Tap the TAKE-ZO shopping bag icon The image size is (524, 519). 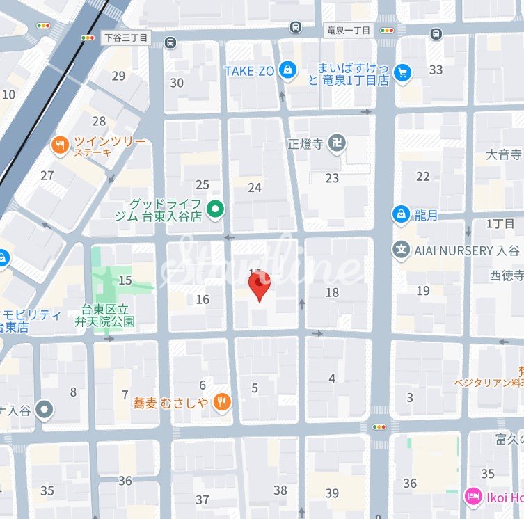(x=286, y=70)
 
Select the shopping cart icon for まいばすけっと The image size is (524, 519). (x=402, y=72)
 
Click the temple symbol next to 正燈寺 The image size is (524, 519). (x=338, y=145)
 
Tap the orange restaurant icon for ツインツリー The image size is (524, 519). (x=61, y=145)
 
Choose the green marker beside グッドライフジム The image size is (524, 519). (x=216, y=208)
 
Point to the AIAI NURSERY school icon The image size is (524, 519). (x=401, y=250)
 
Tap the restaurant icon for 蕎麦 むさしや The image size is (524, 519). (x=221, y=401)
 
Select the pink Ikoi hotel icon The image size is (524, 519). (x=473, y=497)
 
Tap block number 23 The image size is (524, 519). (x=332, y=178)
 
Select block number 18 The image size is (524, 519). (x=332, y=292)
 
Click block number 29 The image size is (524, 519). (x=118, y=76)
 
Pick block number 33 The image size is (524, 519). (x=436, y=70)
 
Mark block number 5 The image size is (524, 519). (x=255, y=388)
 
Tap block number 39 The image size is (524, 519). (x=332, y=493)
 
